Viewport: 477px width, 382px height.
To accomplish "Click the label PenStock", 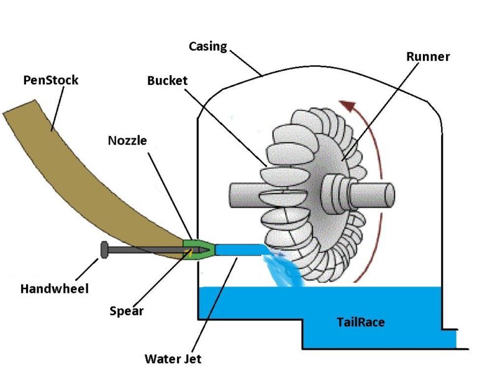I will [50, 81].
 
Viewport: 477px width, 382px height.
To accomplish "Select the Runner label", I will [428, 56].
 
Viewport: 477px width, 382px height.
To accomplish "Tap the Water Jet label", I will [173, 358].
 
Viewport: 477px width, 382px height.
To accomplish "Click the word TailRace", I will [361, 322].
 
